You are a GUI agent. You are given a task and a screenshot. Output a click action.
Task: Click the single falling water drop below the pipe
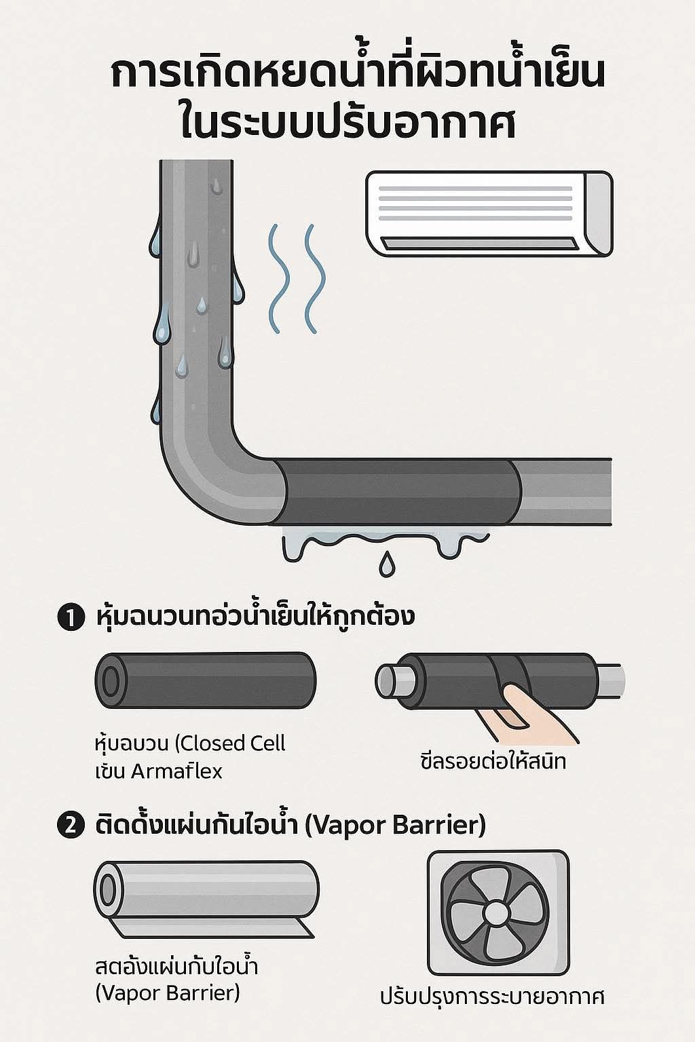click(387, 564)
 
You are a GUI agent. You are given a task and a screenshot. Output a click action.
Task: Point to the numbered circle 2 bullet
click(69, 826)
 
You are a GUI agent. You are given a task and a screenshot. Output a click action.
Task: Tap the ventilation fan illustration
click(497, 912)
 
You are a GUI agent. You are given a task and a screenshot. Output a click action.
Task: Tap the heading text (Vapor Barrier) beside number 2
click(396, 826)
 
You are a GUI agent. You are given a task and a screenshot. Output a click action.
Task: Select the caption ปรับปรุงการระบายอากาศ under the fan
click(492, 997)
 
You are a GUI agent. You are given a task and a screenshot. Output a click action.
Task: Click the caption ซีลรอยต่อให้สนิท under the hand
click(493, 761)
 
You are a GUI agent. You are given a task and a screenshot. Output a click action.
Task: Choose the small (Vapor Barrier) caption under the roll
click(168, 993)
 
